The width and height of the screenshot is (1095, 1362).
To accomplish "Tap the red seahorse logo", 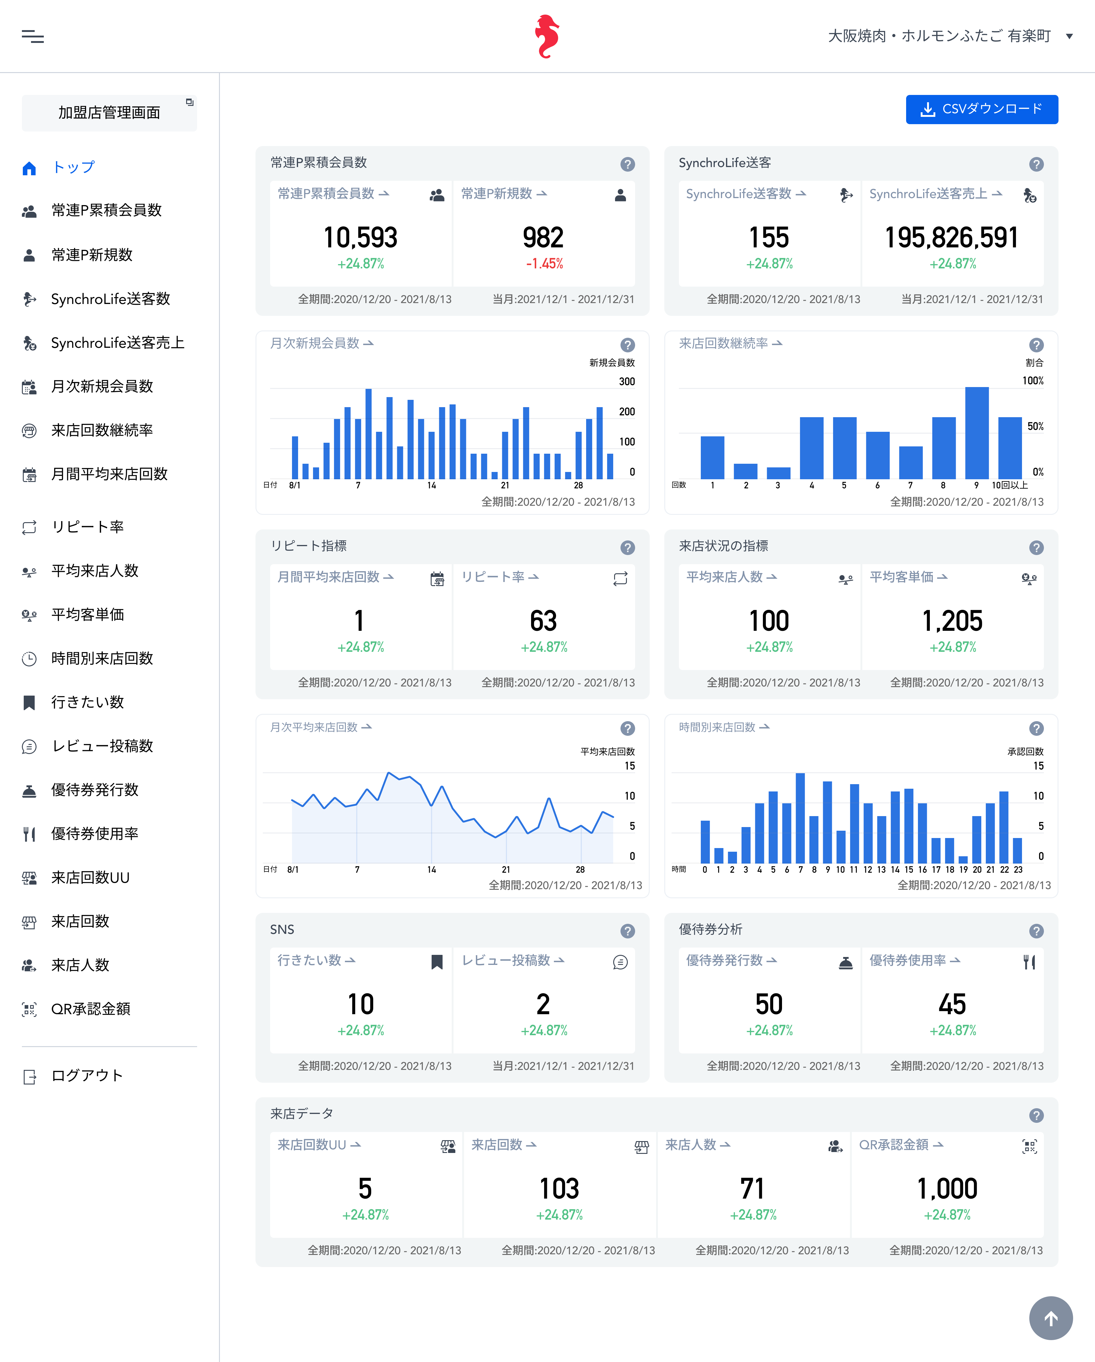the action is click(x=547, y=36).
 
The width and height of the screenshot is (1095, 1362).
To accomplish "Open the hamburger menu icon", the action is click(x=33, y=37).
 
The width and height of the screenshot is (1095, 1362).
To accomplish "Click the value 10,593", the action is click(x=360, y=238).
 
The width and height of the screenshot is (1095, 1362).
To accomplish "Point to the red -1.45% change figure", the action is click(x=544, y=264).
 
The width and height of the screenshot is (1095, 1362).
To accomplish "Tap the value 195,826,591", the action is click(x=952, y=238).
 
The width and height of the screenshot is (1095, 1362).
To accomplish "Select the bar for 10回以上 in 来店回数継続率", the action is click(x=1010, y=448).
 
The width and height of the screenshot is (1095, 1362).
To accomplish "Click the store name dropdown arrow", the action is click(x=1069, y=36).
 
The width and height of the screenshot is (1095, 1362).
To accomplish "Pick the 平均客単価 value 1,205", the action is click(x=952, y=621).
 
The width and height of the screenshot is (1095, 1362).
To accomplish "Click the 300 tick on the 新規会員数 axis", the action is click(x=627, y=382).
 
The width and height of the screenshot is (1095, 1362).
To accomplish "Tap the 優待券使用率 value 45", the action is click(x=952, y=1004).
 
